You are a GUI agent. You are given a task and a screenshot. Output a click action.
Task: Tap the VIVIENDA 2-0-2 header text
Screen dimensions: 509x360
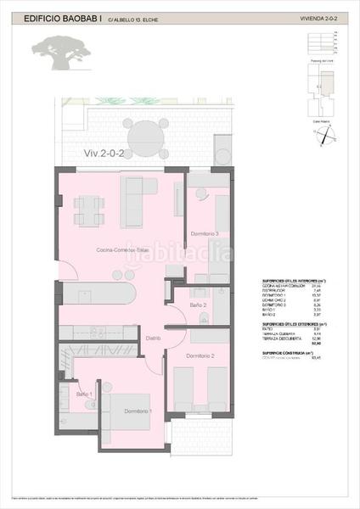319,17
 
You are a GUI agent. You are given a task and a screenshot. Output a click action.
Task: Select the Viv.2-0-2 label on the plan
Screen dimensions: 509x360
104,154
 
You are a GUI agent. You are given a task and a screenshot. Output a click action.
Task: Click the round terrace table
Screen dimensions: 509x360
146,133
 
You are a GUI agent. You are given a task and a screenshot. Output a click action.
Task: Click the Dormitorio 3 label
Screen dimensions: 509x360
205,234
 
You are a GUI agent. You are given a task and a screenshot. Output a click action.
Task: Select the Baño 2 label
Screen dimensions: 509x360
199,304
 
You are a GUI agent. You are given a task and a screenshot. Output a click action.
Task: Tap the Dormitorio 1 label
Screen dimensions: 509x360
138,411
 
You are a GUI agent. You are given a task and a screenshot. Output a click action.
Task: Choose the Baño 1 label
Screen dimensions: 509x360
85,394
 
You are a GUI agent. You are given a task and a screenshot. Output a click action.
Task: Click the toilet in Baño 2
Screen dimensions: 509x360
206,317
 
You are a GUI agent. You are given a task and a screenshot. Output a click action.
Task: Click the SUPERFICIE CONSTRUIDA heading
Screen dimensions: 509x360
287,352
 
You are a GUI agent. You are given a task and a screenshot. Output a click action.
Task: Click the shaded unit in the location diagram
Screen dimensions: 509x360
318,84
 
